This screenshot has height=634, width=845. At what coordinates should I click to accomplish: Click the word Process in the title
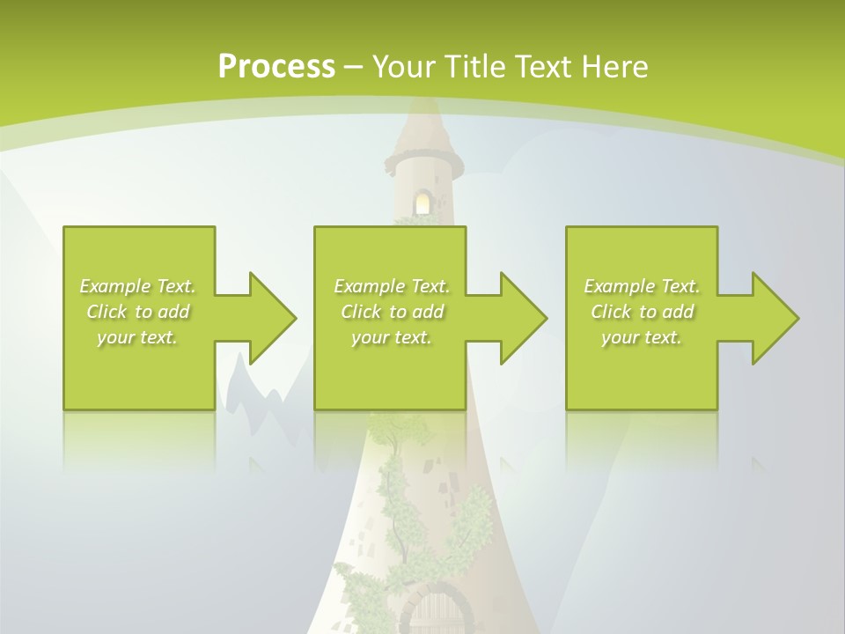click(x=276, y=66)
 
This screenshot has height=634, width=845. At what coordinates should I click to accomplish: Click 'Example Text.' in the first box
click(x=137, y=286)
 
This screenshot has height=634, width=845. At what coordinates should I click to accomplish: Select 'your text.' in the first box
click(x=137, y=337)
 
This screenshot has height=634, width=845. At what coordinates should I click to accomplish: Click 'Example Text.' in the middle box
click(x=392, y=286)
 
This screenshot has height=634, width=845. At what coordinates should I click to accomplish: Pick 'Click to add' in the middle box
click(x=392, y=312)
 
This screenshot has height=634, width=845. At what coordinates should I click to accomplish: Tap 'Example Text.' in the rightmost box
click(x=642, y=286)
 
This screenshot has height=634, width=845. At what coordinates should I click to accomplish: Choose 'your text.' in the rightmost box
click(x=642, y=337)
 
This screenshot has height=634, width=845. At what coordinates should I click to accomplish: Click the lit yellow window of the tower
click(x=423, y=203)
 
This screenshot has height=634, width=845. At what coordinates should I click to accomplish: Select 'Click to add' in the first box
click(x=137, y=312)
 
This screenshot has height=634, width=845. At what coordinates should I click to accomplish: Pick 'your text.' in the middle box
click(x=392, y=337)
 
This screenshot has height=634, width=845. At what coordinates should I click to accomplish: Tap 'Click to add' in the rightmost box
click(x=642, y=312)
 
